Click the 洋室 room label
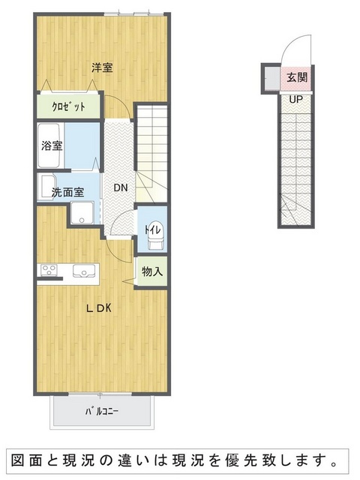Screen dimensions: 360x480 tap(102, 67)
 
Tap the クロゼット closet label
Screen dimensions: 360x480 tap(68, 106)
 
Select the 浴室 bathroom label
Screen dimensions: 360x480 tap(52, 145)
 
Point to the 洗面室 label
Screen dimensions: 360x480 tap(67, 192)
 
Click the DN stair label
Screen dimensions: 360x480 tap(121, 187)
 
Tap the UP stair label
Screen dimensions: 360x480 tap(296, 99)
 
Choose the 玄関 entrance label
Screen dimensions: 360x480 tap(297, 77)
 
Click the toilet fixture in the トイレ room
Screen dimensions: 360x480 tap(155, 235)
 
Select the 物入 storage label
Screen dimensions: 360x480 tap(152, 271)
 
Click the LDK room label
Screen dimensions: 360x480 tap(98, 308)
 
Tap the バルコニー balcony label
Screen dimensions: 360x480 tap(101, 411)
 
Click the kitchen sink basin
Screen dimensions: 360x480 tap(83, 271)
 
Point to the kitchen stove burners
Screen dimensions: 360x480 tap(49, 270)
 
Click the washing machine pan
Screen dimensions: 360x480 tap(82, 213)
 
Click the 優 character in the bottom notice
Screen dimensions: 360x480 tap(232, 460)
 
